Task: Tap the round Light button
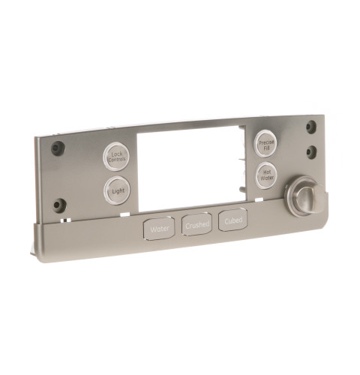pos(117,191)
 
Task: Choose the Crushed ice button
pos(197,224)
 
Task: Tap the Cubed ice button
pos(233,221)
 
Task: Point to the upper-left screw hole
pos(57,148)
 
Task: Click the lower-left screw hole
pos(58,205)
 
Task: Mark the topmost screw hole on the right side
pos(310,127)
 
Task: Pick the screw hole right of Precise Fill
pos(311,152)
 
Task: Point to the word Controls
pos(116,160)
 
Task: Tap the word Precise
pos(267,139)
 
